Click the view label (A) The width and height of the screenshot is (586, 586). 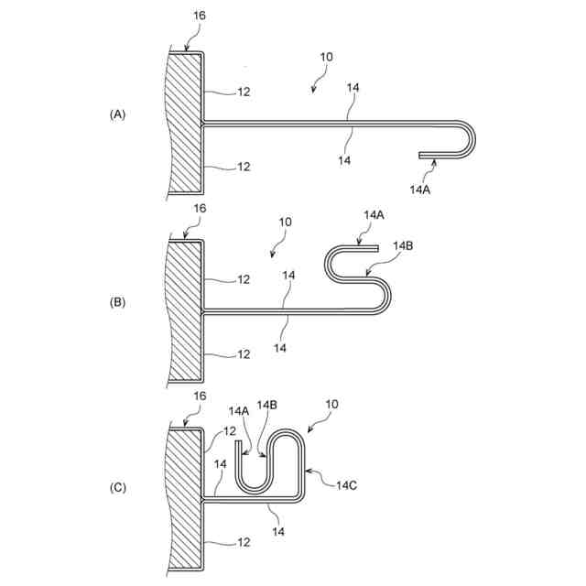point(117,114)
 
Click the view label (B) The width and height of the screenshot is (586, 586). point(117,301)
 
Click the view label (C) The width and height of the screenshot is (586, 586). point(117,488)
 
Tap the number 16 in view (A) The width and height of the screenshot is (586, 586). point(201,17)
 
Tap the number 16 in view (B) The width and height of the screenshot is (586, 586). point(201,209)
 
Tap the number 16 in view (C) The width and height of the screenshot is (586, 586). point(201,396)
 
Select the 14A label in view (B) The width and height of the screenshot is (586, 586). point(374,214)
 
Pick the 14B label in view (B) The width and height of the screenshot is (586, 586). point(404,246)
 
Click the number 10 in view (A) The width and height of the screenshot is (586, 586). point(327,57)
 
